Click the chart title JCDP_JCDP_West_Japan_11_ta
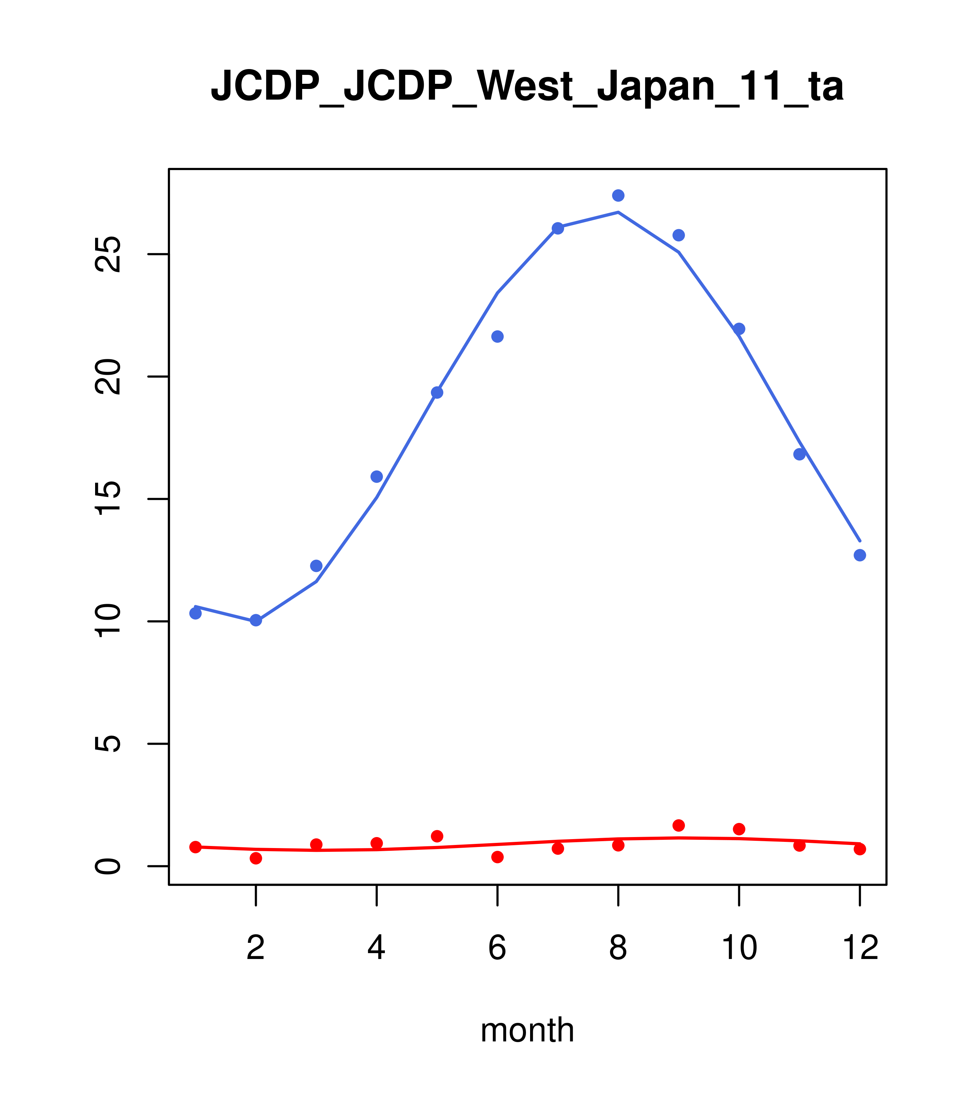pos(527,86)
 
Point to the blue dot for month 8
pos(618,195)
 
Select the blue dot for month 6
pos(497,336)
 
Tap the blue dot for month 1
pos(195,613)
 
